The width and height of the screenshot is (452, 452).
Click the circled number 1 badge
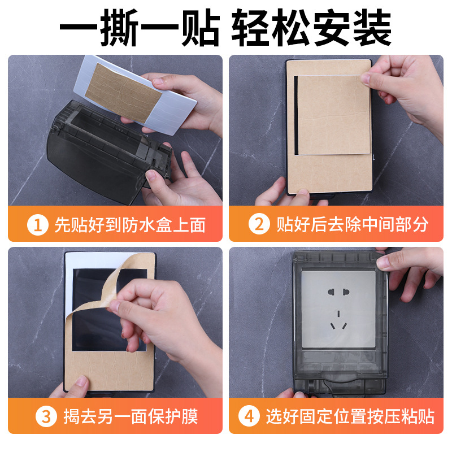pyautogui.click(x=38, y=225)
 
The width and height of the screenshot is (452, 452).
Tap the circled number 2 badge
pyautogui.click(x=259, y=225)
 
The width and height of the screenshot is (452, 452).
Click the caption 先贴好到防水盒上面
pyautogui.click(x=129, y=225)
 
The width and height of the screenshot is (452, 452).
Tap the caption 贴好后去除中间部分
pyautogui.click(x=352, y=225)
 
